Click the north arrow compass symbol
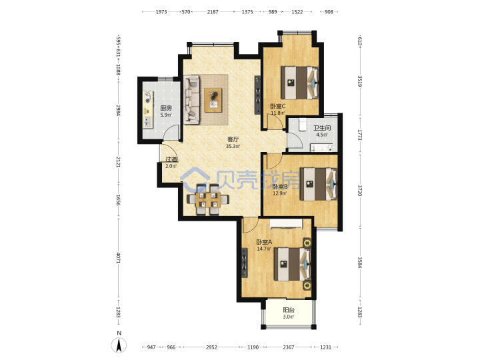(119, 345)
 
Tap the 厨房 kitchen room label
(166, 108)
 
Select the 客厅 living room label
(233, 139)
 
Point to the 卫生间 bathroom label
(322, 128)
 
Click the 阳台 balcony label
(289, 310)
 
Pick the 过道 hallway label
(171, 159)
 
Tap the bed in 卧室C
(300, 83)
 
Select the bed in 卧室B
(319, 184)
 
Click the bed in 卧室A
(293, 264)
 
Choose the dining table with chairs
(208, 199)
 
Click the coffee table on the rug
(213, 100)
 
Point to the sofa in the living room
(192, 100)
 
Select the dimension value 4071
(118, 257)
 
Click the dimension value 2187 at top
(213, 11)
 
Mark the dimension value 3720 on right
(360, 191)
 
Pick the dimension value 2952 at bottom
(211, 347)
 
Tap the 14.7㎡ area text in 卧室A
(264, 249)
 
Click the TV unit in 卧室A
(245, 263)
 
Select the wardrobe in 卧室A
(286, 224)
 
